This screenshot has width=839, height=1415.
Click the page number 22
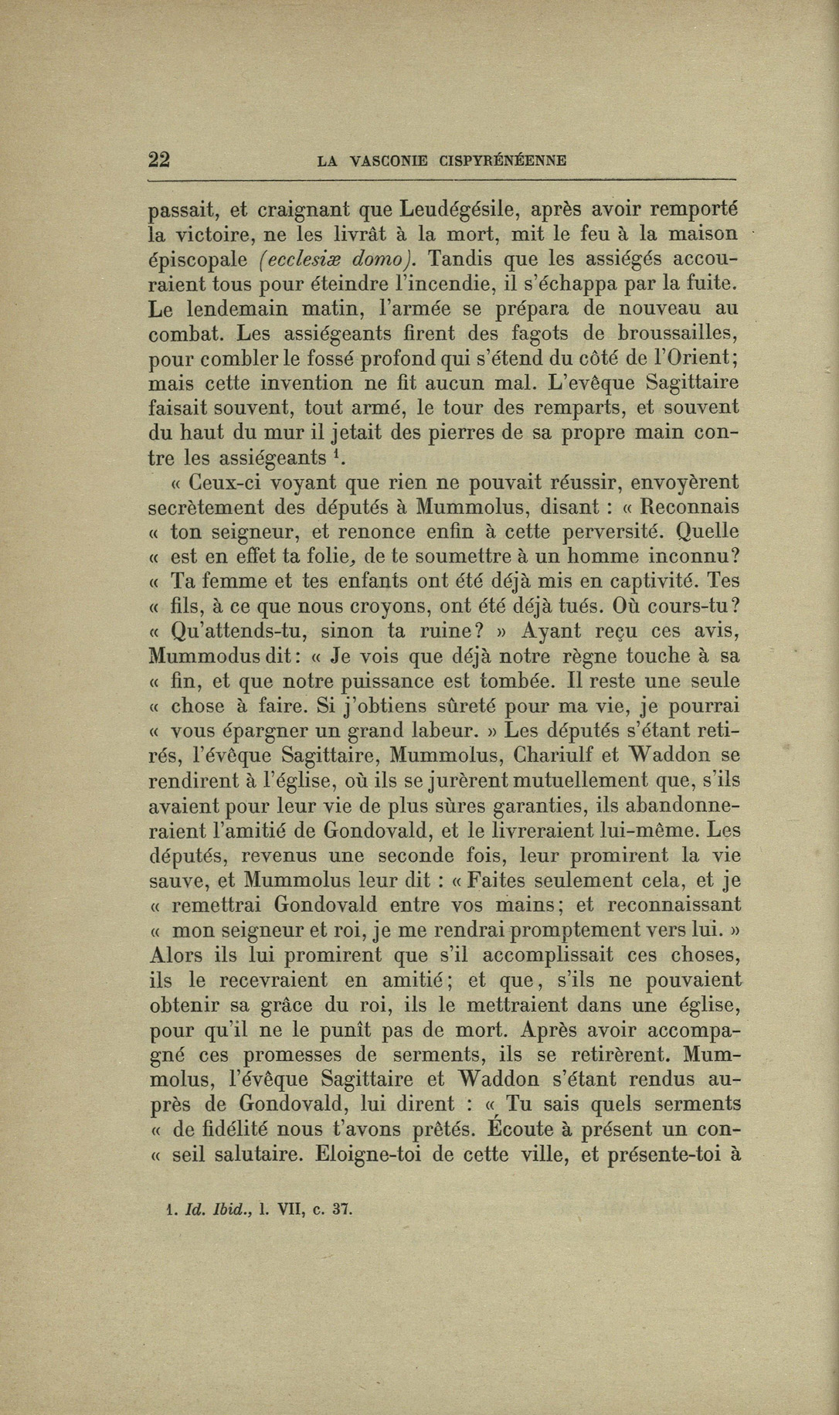[x=159, y=160]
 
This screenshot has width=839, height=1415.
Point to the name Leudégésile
[x=460, y=209]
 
